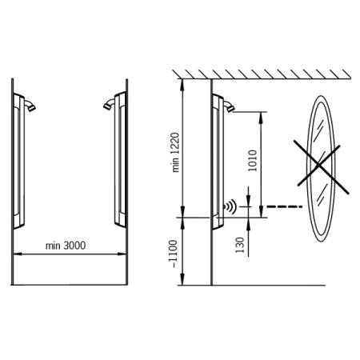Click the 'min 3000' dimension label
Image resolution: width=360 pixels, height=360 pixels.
pyautogui.click(x=66, y=246)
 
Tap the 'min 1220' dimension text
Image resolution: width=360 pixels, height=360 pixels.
pyautogui.click(x=176, y=152)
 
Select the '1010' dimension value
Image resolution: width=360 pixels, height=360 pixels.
pyautogui.click(x=252, y=161)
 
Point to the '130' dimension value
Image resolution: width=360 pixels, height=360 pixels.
pyautogui.click(x=240, y=245)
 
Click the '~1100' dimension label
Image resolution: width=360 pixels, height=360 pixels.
pyautogui.click(x=173, y=254)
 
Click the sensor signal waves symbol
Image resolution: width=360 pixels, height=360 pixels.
pyautogui.click(x=230, y=206)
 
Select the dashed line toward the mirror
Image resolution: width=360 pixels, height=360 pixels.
pyautogui.click(x=284, y=206)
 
